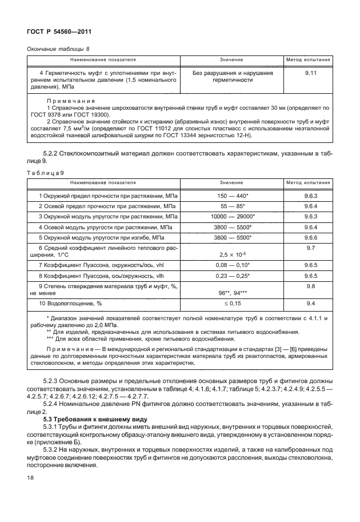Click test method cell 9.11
tap(311, 73)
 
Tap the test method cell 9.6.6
tap(311, 237)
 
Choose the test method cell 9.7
tap(311, 248)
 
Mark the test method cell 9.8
tap(311, 286)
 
